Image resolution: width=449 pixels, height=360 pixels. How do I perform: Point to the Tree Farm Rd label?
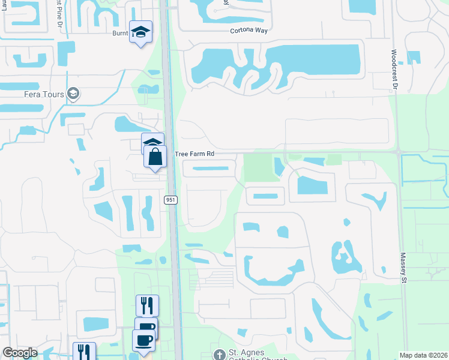pyautogui.click(x=194, y=154)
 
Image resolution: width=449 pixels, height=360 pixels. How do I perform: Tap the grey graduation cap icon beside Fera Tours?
pyautogui.click(x=74, y=94)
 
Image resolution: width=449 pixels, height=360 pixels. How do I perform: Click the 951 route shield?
pyautogui.click(x=170, y=200)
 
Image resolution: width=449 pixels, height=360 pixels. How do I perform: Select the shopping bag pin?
pyautogui.click(x=155, y=157)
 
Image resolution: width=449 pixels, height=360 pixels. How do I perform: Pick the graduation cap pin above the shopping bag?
pyautogui.click(x=153, y=143)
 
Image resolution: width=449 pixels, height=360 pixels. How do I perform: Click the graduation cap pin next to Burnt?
pyautogui.click(x=140, y=32)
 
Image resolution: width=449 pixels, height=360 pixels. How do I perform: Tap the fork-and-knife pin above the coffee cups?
pyautogui.click(x=147, y=305)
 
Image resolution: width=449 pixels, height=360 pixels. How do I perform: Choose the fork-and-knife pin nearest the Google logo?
pyautogui.click(x=84, y=352)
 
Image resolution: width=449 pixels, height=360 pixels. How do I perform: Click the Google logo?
pyautogui.click(x=20, y=353)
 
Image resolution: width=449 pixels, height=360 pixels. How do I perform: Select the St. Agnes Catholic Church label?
pyautogui.click(x=258, y=354)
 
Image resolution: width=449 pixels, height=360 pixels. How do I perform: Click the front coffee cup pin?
pyautogui.click(x=143, y=341)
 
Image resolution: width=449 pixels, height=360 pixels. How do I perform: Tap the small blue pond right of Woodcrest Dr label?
pyautogui.click(x=414, y=58)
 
